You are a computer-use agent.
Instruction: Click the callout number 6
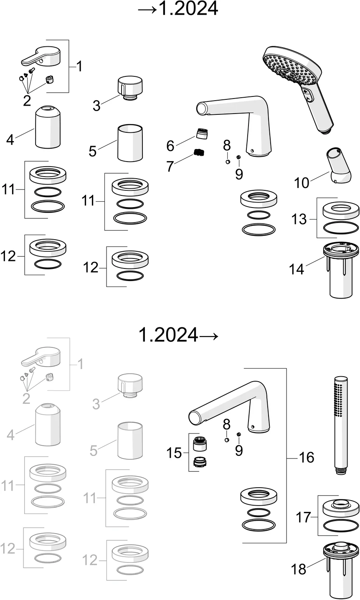pyautogui.click(x=170, y=146)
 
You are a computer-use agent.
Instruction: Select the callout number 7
pyautogui.click(x=170, y=166)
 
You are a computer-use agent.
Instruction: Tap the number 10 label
pyautogui.click(x=302, y=182)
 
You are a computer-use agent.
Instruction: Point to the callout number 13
pyautogui.click(x=299, y=219)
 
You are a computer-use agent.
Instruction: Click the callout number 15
pyautogui.click(x=174, y=453)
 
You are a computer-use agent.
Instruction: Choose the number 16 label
pyautogui.click(x=306, y=457)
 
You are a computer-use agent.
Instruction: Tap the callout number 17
pyautogui.click(x=304, y=517)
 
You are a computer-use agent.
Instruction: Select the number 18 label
pyautogui.click(x=299, y=569)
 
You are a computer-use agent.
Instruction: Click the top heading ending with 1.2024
pyautogui.click(x=178, y=9)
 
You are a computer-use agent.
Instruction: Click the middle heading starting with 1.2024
pyautogui.click(x=178, y=334)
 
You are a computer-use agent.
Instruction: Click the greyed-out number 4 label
pyautogui.click(x=10, y=435)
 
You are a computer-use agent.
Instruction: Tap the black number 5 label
pyautogui.click(x=92, y=151)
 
